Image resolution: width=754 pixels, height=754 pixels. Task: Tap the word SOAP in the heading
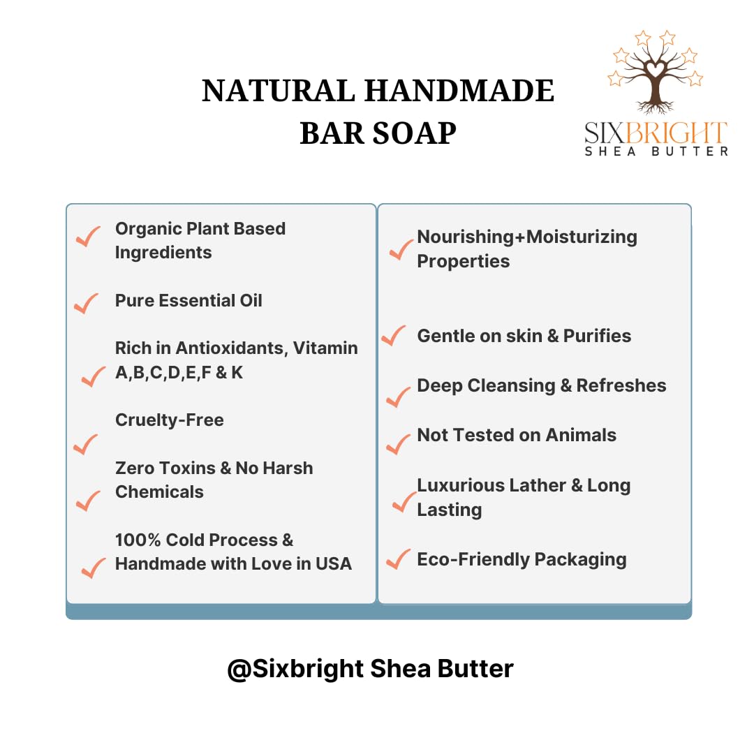coord(414,133)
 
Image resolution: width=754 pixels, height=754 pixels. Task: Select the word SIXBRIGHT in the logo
coord(656,133)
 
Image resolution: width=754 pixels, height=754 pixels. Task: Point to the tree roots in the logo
coord(653,107)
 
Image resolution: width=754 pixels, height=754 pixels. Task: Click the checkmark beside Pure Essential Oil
coord(86,304)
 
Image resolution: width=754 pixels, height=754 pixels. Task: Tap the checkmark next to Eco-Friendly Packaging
coord(398,559)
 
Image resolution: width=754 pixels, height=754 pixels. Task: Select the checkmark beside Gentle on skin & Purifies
coord(393,336)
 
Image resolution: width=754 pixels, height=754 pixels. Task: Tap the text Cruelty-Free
coord(169,420)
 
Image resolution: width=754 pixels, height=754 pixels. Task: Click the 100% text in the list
coord(138,540)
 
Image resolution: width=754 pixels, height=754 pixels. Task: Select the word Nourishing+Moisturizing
coord(527,237)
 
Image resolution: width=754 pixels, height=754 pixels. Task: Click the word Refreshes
coord(621,385)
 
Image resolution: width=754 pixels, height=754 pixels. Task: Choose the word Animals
coord(581,435)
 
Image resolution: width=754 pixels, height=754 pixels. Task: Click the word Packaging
coord(580,560)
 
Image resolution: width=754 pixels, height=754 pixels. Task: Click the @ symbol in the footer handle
coord(239,670)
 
